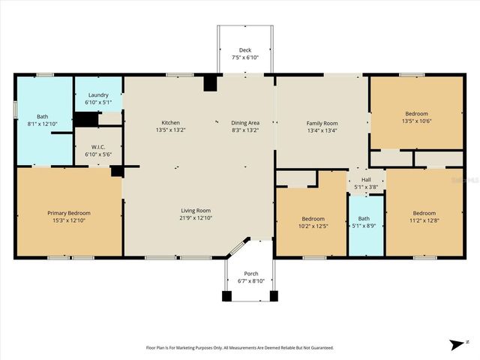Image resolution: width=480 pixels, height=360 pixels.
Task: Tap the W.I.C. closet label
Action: [x=98, y=148]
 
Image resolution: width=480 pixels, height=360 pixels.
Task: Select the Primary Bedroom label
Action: [x=68, y=213]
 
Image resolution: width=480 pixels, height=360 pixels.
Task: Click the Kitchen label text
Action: [x=170, y=122]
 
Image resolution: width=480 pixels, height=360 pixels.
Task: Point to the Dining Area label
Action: [x=244, y=122]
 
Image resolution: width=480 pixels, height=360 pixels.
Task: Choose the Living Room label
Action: [x=195, y=211]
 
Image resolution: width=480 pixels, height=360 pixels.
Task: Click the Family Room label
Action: [x=322, y=123]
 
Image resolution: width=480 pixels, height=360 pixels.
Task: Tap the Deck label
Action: [x=245, y=49]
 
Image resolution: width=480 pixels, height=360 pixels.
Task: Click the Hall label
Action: [x=366, y=179]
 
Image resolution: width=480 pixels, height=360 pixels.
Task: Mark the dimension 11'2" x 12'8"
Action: [x=424, y=220]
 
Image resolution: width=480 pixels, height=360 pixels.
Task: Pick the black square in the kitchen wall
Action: [x=210, y=82]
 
